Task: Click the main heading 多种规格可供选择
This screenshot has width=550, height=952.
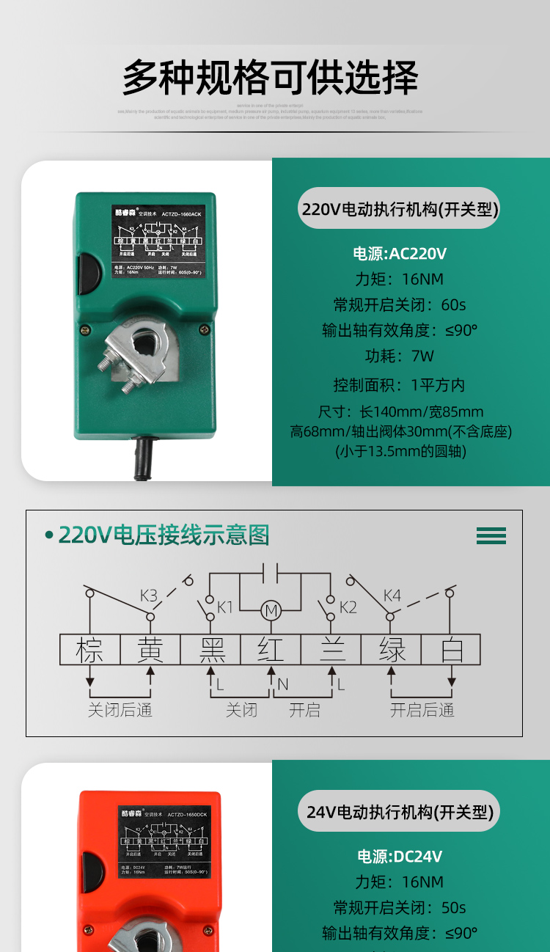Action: [x=270, y=78]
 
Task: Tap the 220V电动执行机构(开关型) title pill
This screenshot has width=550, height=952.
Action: [x=400, y=209]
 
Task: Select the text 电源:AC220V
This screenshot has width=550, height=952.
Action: [x=400, y=254]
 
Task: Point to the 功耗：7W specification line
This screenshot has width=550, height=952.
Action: [x=400, y=356]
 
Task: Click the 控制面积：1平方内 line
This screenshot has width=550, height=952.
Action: [x=400, y=385]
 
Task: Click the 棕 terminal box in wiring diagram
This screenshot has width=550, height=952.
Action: [x=89, y=650]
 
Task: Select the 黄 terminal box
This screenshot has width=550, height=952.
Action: [x=150, y=650]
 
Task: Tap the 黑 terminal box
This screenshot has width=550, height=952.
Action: [x=210, y=650]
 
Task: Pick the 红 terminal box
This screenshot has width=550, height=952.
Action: [x=271, y=650]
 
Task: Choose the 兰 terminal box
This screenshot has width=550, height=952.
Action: [x=331, y=650]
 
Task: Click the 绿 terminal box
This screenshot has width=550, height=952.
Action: [x=391, y=650]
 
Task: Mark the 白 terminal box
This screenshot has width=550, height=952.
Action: [x=451, y=650]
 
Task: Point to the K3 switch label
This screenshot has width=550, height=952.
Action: [x=149, y=595]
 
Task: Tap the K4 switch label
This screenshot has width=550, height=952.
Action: [x=392, y=595]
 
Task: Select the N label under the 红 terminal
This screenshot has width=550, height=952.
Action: [x=282, y=685]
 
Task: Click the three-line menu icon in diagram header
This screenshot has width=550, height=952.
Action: [x=491, y=535]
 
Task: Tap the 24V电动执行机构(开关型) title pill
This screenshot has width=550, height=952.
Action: [x=400, y=811]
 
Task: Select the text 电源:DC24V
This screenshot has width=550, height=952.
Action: [x=400, y=856]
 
